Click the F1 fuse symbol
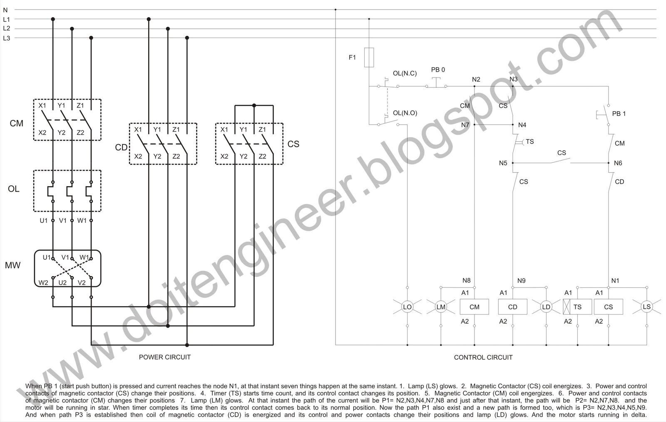click(x=369, y=57)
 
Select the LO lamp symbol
click(x=407, y=307)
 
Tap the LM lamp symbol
click(x=441, y=307)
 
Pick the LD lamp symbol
click(x=546, y=307)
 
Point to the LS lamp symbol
click(x=646, y=307)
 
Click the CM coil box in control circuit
click(x=474, y=307)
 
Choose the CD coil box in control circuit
click(x=512, y=307)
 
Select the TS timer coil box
click(x=577, y=307)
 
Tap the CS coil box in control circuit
click(x=608, y=307)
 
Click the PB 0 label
click(x=438, y=70)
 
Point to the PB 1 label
click(x=619, y=114)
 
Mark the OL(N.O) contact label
click(x=405, y=113)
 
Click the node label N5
click(x=503, y=163)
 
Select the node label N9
click(x=521, y=281)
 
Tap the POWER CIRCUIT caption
click(x=164, y=357)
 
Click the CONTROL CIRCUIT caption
click(x=483, y=357)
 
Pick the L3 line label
click(x=6, y=38)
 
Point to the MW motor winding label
click(x=12, y=265)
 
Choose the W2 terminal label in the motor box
click(x=43, y=283)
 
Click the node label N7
click(x=465, y=125)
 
